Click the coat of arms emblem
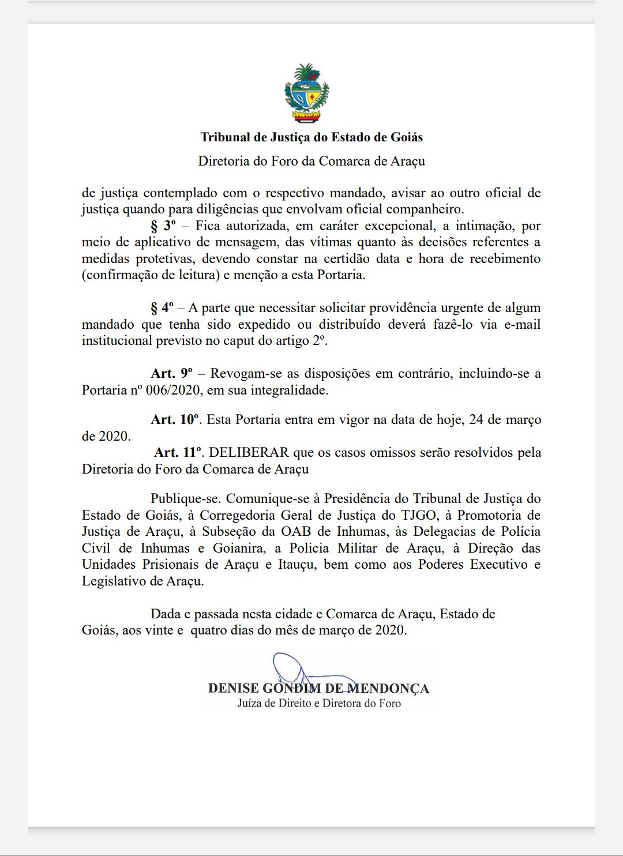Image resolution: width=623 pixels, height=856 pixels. click(306, 93)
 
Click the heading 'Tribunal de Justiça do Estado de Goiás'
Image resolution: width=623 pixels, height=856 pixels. click(311, 137)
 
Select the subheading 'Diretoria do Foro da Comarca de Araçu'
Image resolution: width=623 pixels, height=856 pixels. click(311, 161)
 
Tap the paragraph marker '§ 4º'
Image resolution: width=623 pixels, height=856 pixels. click(163, 308)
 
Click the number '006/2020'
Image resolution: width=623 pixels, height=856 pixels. click(175, 390)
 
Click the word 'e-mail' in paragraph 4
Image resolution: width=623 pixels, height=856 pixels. click(522, 324)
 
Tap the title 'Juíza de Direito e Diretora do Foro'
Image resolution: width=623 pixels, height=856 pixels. click(319, 703)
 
